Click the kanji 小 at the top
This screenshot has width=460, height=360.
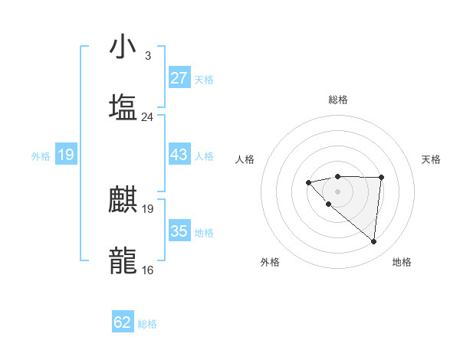(123, 47)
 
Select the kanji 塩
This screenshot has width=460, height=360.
(123, 107)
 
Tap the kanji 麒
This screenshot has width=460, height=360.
(123, 199)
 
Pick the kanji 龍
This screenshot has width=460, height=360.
(123, 260)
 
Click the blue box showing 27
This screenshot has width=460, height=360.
(179, 77)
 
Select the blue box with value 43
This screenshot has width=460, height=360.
(179, 155)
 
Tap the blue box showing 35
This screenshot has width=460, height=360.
(179, 231)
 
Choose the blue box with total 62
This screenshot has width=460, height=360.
(123, 322)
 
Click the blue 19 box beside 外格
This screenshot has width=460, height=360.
(65, 155)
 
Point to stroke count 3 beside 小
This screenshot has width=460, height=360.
(147, 56)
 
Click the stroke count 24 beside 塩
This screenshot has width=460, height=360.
(147, 117)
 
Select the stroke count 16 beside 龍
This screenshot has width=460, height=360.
(147, 270)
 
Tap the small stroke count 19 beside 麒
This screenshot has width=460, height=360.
(147, 208)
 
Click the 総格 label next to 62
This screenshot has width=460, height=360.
(147, 324)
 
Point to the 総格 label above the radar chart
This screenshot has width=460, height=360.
(337, 100)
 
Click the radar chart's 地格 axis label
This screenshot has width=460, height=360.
(402, 262)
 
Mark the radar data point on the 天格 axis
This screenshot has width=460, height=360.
(381, 177)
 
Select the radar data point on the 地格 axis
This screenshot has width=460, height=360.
(374, 242)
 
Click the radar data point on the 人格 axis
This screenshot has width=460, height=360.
(308, 182)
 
